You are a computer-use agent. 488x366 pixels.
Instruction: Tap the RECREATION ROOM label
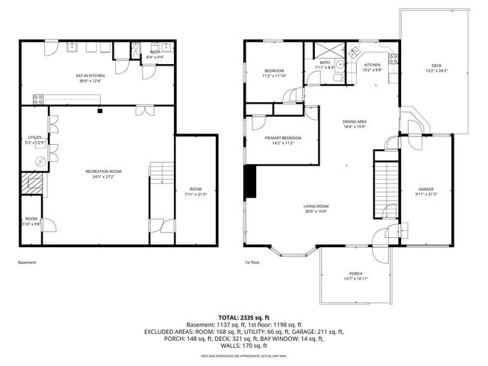(104, 172)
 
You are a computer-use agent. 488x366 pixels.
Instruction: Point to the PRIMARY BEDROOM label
(283, 138)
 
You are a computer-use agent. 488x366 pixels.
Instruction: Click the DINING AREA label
(355, 121)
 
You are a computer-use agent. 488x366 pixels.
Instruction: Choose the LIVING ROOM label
(316, 206)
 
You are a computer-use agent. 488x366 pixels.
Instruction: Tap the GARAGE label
(425, 188)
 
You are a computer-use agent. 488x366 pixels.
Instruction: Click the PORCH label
(355, 274)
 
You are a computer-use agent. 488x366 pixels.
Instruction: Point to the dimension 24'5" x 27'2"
(104, 177)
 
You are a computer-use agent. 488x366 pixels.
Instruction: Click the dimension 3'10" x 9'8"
(30, 224)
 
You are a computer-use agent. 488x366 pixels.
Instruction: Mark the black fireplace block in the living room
(251, 181)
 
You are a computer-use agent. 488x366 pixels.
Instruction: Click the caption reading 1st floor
(252, 263)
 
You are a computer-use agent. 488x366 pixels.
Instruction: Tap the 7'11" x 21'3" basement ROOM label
(196, 191)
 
